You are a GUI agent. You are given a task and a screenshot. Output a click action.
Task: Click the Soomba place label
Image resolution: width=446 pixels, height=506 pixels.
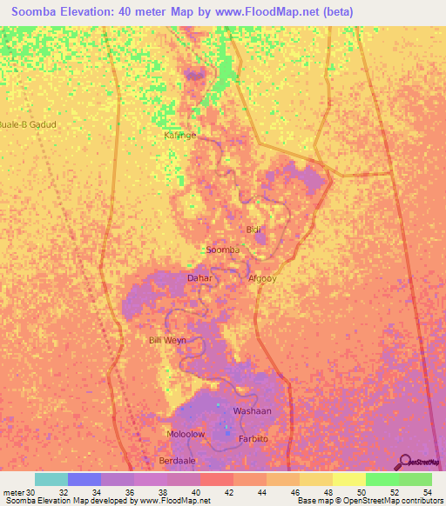click(x=222, y=250)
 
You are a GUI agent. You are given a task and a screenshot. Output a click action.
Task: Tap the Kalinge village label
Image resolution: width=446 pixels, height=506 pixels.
click(x=180, y=136)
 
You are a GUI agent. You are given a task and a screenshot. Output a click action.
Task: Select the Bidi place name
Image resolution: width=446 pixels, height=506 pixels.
click(x=253, y=230)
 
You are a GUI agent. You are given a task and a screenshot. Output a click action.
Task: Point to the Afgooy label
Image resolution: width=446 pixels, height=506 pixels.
click(x=262, y=278)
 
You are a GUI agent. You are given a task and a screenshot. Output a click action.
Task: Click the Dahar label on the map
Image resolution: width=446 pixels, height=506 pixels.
click(x=199, y=278)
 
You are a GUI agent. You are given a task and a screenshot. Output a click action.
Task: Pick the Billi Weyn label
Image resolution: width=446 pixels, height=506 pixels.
click(x=167, y=340)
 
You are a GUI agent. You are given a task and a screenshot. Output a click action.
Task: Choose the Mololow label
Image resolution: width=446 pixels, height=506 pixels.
click(x=185, y=433)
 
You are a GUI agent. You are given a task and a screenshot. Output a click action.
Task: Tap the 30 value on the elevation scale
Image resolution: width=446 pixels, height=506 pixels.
click(x=31, y=491)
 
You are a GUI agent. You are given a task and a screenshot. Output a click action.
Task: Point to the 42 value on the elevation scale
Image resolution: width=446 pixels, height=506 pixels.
click(x=228, y=491)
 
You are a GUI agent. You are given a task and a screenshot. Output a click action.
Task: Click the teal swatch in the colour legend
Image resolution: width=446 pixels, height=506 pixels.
click(x=51, y=479)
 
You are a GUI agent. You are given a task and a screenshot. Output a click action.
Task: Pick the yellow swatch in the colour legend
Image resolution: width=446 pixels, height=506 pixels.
click(x=348, y=479)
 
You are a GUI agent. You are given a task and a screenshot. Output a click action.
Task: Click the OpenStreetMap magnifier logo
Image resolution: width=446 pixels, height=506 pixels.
click(x=405, y=463)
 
